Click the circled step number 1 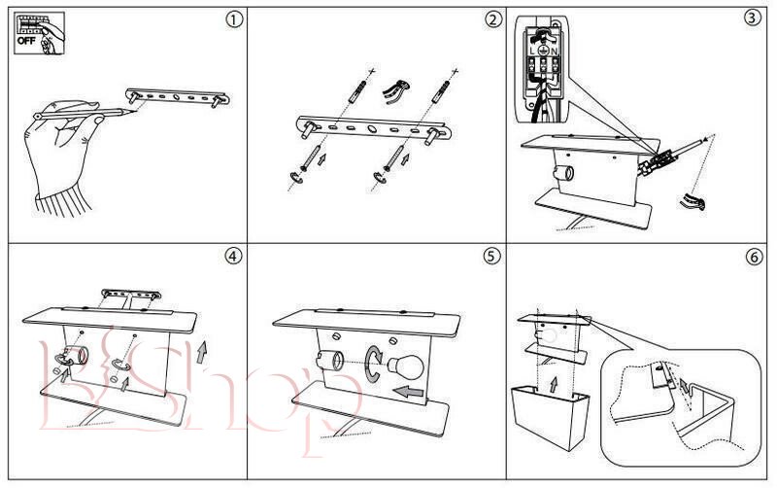pyautogui.click(x=230, y=20)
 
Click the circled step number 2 pyautogui.click(x=493, y=20)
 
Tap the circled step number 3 pyautogui.click(x=751, y=20)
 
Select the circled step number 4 pyautogui.click(x=231, y=257)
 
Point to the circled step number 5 pyautogui.click(x=491, y=257)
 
